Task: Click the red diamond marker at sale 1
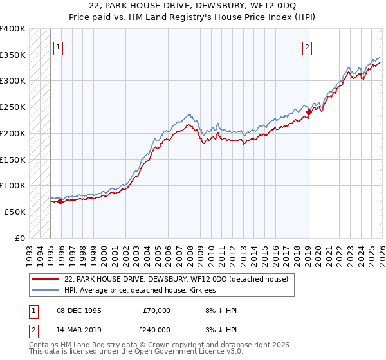point(60,201)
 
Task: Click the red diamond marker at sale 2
point(309,112)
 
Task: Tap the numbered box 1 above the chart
point(58,47)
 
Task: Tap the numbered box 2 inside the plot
point(308,47)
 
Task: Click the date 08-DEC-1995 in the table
point(78,310)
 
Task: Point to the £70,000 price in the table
point(156,310)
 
